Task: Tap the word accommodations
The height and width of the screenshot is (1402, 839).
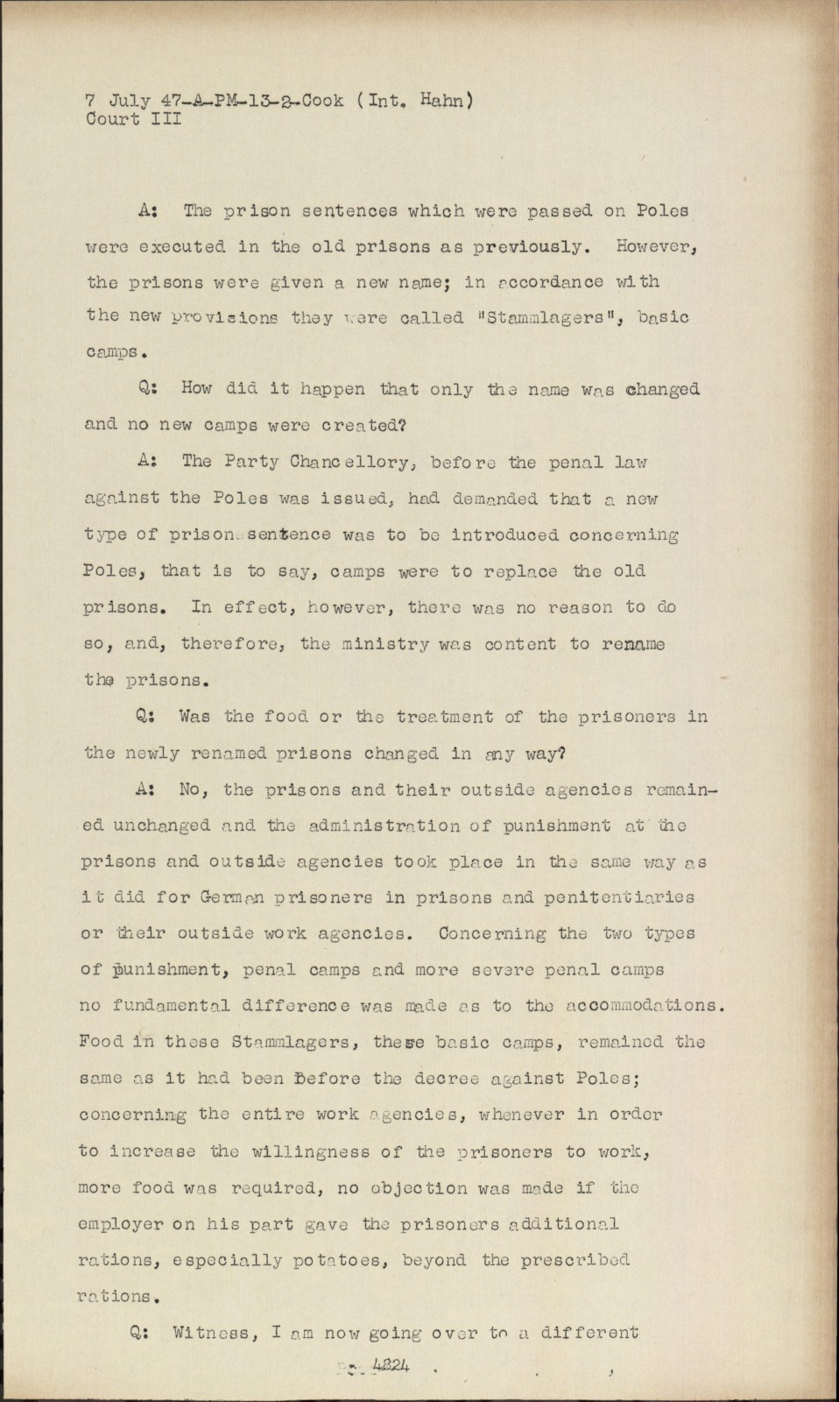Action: pyautogui.click(x=642, y=1006)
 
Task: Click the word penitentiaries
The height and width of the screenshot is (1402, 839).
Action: pyautogui.click(x=619, y=897)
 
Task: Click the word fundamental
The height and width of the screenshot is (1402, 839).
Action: pyautogui.click(x=154, y=1006)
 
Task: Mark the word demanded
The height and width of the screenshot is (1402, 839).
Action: pyautogui.click(x=495, y=499)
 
